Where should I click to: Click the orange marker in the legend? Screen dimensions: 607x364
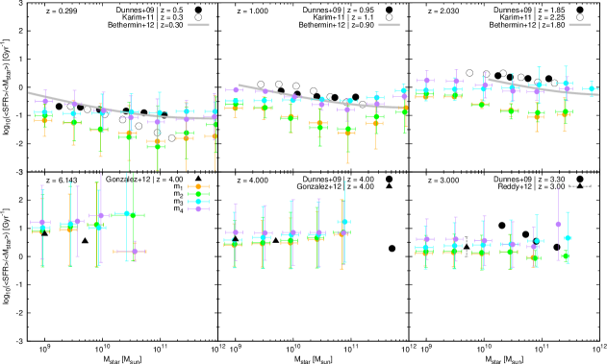coord(198,186)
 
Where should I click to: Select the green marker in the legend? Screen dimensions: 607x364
coord(198,194)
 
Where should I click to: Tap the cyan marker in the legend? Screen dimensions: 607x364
coord(198,202)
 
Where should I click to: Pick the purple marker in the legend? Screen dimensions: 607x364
coord(198,208)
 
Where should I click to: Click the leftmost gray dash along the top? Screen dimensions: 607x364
coord(198,25)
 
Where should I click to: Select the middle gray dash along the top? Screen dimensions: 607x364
coord(389,25)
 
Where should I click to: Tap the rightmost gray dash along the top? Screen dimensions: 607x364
coord(579,25)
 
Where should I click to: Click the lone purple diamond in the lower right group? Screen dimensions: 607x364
coord(558,224)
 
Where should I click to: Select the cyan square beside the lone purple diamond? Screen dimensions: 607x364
coord(568,237)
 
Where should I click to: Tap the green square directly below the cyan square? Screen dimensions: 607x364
coord(566,255)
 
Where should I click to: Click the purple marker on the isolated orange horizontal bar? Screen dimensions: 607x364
coord(135,252)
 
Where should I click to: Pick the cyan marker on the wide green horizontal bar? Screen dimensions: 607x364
coord(126,214)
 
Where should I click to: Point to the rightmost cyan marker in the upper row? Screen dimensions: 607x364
coord(592,89)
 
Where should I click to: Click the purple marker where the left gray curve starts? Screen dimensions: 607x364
coord(44,100)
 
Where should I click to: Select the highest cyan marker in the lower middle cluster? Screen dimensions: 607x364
coord(343,222)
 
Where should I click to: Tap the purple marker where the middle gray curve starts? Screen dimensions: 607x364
coord(236,89)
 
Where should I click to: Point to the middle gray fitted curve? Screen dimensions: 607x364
coord(317,100)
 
